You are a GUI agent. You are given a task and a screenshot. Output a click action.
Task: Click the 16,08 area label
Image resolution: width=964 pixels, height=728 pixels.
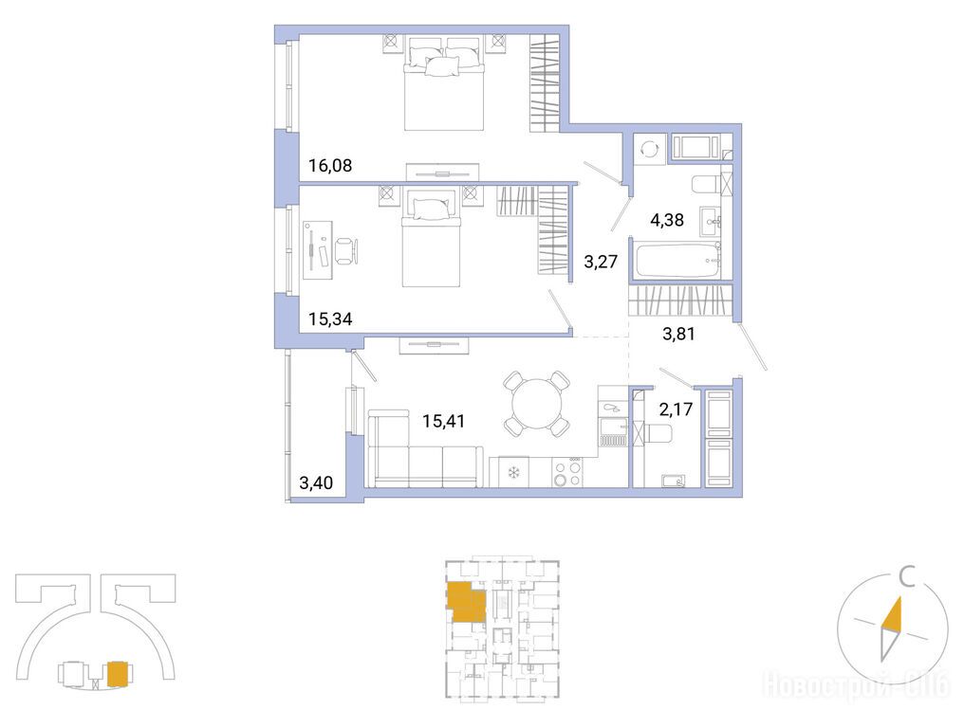[x=330, y=165]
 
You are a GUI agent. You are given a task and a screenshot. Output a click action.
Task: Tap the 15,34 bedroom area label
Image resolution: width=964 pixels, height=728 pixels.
[x=330, y=318]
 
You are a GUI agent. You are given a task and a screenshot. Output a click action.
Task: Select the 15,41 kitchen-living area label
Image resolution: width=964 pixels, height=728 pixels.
[x=443, y=421]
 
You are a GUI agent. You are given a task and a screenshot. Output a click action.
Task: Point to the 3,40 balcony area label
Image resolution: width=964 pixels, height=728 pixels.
[x=316, y=482]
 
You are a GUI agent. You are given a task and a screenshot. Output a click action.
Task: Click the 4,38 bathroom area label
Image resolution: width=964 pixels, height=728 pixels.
[x=666, y=219]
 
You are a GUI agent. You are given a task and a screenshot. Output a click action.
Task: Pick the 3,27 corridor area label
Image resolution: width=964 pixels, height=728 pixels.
[x=600, y=263]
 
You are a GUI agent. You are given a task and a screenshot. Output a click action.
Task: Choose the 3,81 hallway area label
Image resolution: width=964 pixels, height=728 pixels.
[x=678, y=334]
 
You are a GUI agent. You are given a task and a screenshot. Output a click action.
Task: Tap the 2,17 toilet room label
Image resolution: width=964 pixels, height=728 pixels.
[x=676, y=409]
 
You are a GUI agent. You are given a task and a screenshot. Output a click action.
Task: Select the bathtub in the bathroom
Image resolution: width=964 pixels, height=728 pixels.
[x=677, y=261]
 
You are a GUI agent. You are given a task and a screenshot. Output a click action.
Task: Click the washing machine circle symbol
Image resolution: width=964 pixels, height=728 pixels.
[x=648, y=149]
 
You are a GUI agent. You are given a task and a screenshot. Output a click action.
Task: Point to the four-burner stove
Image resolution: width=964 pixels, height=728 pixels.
[x=566, y=472]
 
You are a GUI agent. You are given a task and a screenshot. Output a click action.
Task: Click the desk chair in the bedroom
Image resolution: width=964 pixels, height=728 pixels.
[x=346, y=251]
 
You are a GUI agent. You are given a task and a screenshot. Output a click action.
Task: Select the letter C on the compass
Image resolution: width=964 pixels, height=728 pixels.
[x=906, y=578]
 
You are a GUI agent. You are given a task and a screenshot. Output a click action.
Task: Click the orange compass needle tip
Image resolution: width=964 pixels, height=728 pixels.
[x=899, y=597]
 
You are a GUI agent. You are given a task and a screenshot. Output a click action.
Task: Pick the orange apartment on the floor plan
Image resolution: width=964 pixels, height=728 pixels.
[x=467, y=601]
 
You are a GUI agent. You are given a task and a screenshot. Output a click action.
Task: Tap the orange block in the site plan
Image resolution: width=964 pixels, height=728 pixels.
[x=118, y=673]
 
